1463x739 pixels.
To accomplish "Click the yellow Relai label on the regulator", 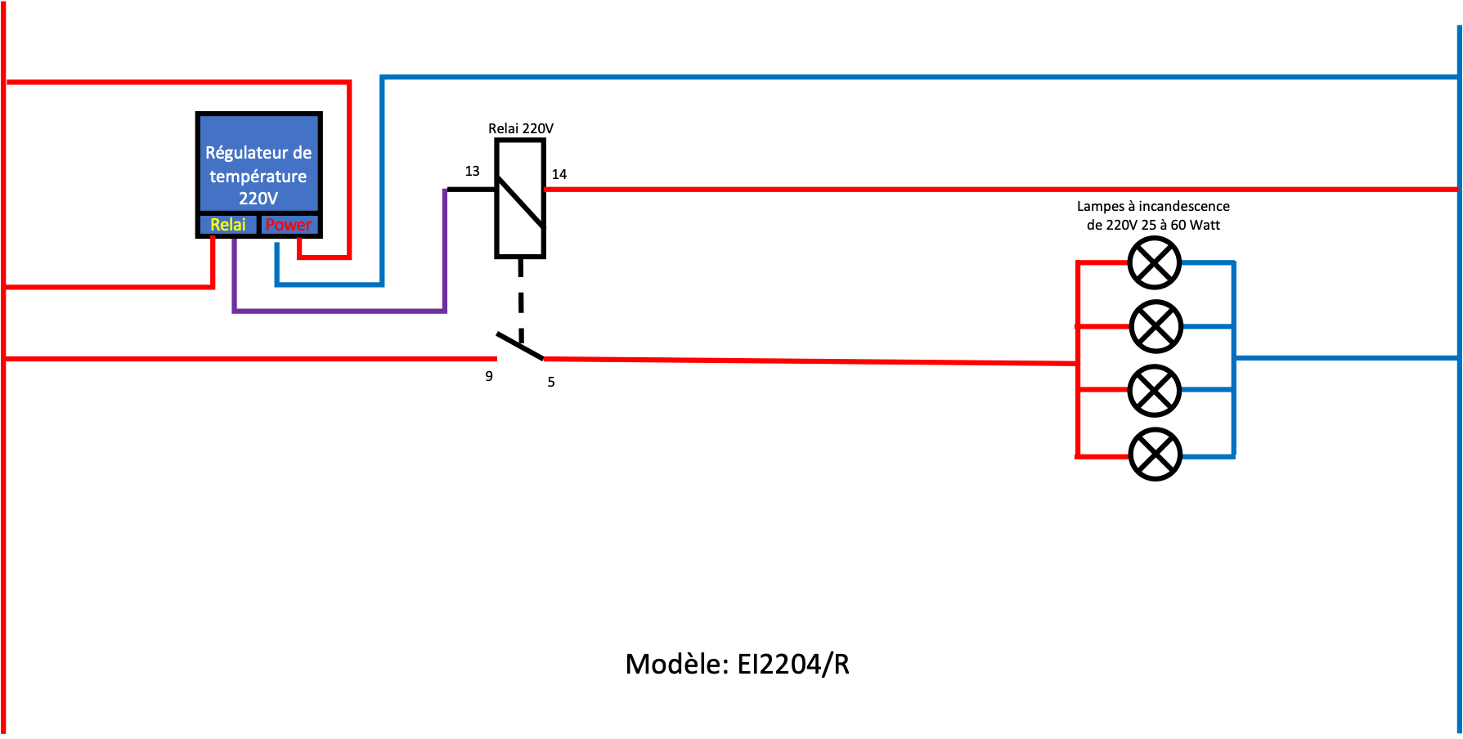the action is click(x=227, y=225).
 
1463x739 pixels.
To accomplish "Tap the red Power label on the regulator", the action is click(x=288, y=225).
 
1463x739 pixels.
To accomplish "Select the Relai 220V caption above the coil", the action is click(x=521, y=128).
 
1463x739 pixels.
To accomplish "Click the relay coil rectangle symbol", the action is click(x=520, y=199).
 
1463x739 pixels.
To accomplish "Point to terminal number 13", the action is click(x=472, y=172).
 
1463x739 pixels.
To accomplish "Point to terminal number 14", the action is click(x=559, y=174).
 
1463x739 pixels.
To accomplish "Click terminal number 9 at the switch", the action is click(x=489, y=376).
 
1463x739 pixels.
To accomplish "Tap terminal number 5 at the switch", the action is click(x=551, y=382).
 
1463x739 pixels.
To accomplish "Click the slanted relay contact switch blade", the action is click(x=520, y=346).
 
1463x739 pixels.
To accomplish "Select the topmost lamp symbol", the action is click(x=1155, y=262).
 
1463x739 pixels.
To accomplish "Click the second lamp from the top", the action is click(x=1156, y=326).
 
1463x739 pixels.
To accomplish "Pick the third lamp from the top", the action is click(x=1155, y=390).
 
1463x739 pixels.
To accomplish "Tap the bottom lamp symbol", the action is click(x=1156, y=455).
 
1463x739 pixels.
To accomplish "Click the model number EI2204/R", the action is click(x=793, y=664).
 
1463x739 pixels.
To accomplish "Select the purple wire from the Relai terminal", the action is click(x=339, y=311).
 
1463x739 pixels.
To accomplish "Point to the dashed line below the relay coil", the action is click(x=521, y=298).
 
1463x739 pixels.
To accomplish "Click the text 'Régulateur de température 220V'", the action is click(x=258, y=175).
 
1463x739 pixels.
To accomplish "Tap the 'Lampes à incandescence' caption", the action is click(x=1153, y=206).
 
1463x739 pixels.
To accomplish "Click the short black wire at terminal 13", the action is click(x=471, y=190).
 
